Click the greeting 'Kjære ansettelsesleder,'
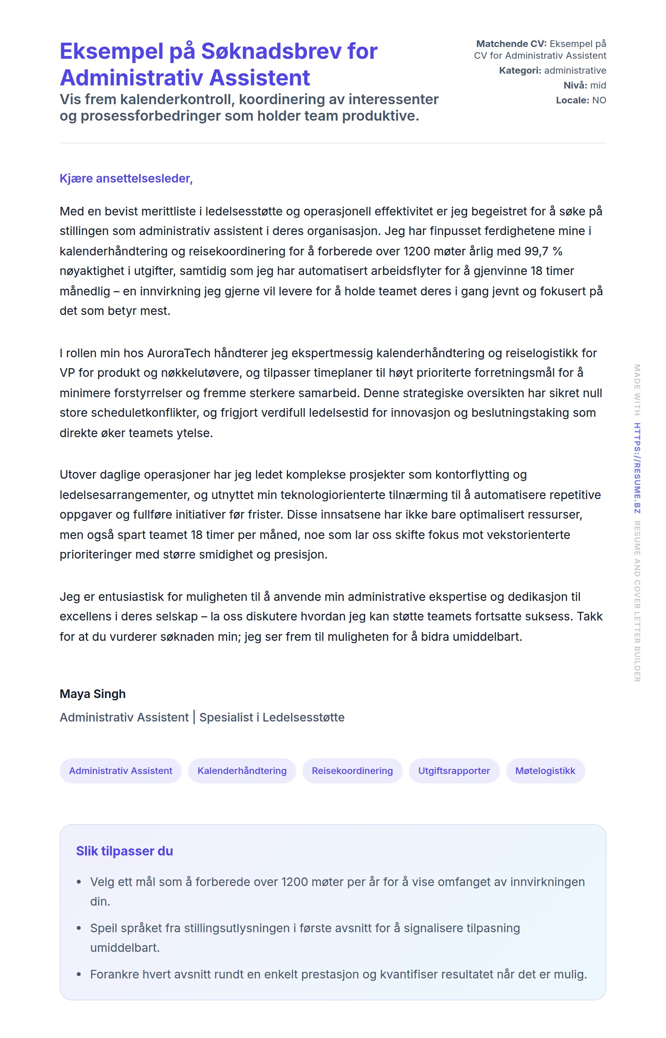pyautogui.click(x=126, y=178)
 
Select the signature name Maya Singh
pyautogui.click(x=92, y=693)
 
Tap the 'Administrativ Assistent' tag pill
pyautogui.click(x=121, y=770)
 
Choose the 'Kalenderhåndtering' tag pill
pyautogui.click(x=242, y=770)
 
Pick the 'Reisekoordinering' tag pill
pyautogui.click(x=352, y=770)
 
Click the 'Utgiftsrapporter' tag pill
pyautogui.click(x=454, y=770)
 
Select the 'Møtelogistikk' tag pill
pyautogui.click(x=545, y=770)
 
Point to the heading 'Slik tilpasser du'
pyautogui.click(x=125, y=851)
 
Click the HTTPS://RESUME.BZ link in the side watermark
pyautogui.click(x=637, y=468)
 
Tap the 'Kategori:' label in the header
pyautogui.click(x=520, y=71)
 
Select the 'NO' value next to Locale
pyautogui.click(x=599, y=100)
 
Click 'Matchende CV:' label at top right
pyautogui.click(x=511, y=43)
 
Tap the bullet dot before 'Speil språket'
pyautogui.click(x=79, y=928)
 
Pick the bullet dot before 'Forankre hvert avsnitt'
pyautogui.click(x=79, y=975)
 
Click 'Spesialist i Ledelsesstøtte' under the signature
pyautogui.click(x=271, y=717)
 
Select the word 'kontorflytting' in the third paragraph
pyautogui.click(x=473, y=474)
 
